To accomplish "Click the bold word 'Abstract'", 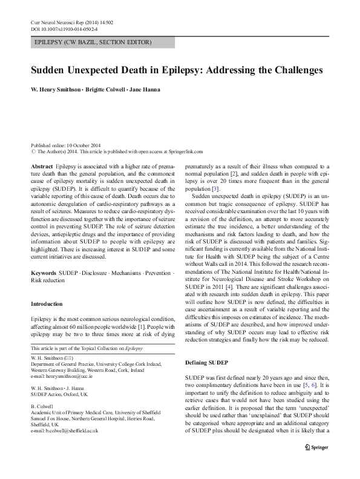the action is pos(41,166).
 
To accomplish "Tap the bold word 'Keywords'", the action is pos(43,274).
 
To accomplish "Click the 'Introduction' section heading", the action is pos(46,304).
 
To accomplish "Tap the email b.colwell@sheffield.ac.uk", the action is pos(67,431).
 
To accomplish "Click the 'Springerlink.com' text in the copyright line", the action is pos(183,152).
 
